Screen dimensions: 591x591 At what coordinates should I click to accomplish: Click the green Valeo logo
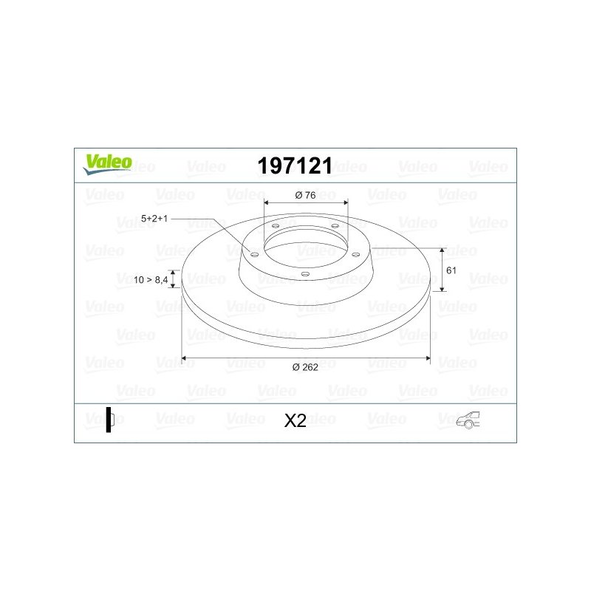[107, 165]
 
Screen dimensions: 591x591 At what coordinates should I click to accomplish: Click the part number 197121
[295, 165]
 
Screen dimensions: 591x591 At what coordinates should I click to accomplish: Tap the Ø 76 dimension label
[305, 195]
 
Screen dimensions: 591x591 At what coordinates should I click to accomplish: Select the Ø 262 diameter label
[305, 367]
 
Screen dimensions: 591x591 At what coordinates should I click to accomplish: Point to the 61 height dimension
[451, 270]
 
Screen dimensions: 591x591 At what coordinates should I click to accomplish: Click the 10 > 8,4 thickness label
[151, 280]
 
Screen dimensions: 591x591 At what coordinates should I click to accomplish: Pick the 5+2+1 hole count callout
[154, 218]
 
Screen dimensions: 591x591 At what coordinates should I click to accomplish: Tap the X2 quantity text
[295, 420]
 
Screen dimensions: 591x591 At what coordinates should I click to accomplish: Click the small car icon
[468, 420]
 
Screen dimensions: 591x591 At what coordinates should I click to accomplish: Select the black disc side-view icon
[110, 420]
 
